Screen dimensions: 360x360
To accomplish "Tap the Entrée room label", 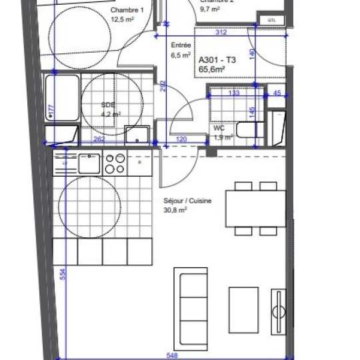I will (181, 45).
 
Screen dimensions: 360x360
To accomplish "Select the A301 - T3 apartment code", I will (217, 59).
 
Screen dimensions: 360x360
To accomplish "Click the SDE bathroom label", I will (107, 105).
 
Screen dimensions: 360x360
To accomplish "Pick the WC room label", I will (219, 127).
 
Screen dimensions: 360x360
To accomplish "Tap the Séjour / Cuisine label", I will (188, 201).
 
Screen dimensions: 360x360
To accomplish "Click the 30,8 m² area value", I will (175, 209).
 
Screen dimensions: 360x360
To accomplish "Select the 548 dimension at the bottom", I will (172, 355).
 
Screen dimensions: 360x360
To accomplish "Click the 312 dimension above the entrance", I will (222, 32).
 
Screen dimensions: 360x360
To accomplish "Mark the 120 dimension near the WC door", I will (180, 139).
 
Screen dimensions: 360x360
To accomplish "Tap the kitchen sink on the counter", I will (89, 163).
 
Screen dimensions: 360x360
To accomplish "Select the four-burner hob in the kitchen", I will (115, 163).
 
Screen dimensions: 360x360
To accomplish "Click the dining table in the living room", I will (256, 208).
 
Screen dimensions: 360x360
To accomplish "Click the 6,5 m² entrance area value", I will (181, 55).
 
